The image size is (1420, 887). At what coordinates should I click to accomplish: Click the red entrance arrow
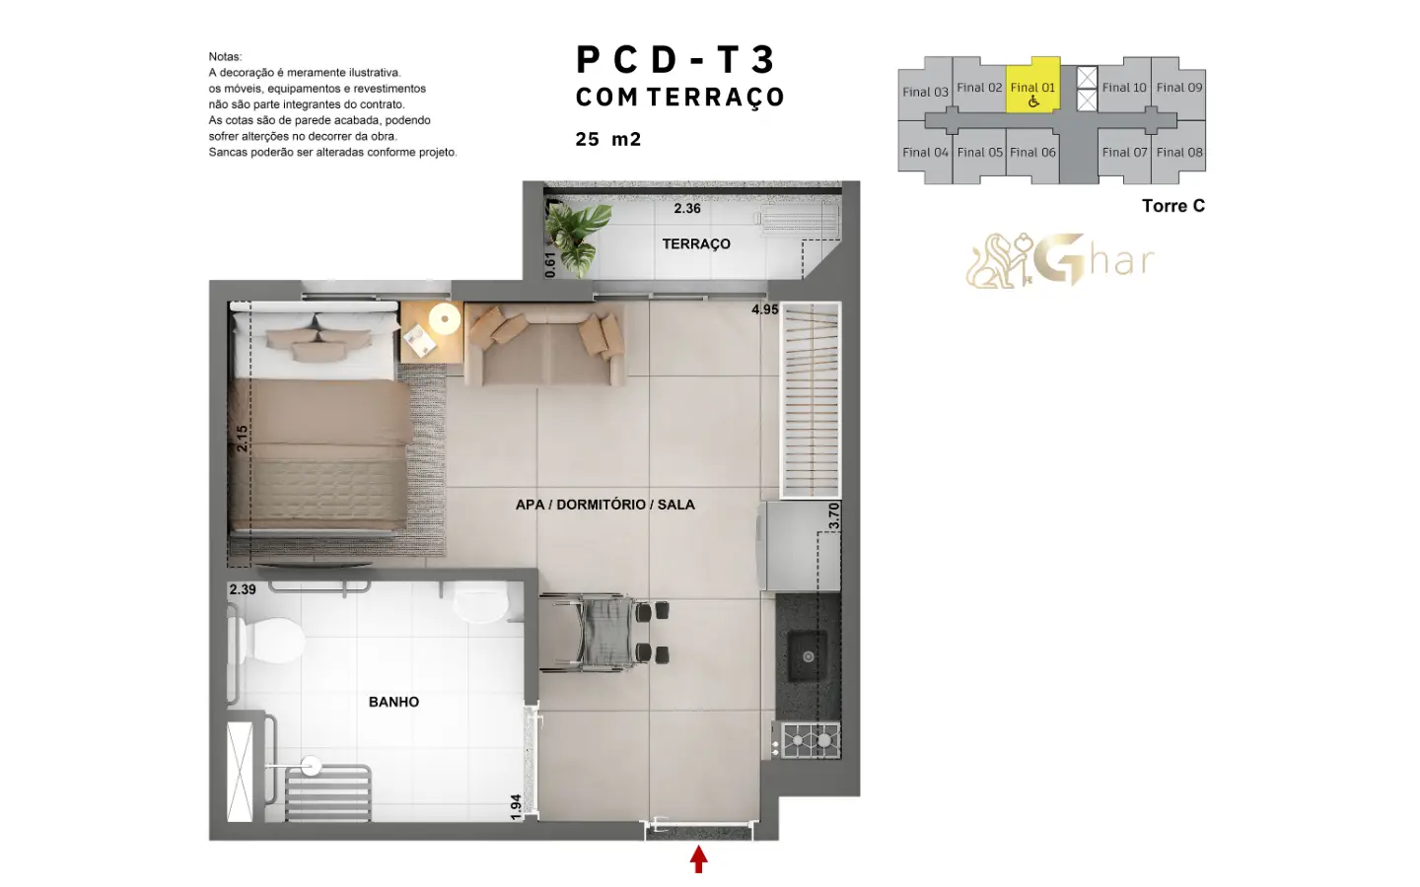(x=698, y=859)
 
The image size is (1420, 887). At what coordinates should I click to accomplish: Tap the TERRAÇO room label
(x=696, y=244)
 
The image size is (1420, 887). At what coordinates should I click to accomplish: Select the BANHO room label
(x=393, y=702)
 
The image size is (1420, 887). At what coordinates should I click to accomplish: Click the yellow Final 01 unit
(x=1032, y=86)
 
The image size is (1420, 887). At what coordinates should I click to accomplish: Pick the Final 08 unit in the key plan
(x=1179, y=152)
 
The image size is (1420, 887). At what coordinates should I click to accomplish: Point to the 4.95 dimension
(x=764, y=309)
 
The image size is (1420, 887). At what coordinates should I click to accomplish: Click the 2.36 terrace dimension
(x=687, y=209)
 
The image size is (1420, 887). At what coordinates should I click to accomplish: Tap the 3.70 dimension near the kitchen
(x=834, y=515)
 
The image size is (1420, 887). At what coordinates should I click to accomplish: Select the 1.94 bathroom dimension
(x=516, y=807)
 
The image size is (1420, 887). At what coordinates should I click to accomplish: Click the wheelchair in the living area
(x=603, y=633)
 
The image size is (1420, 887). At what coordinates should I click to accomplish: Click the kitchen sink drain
(x=809, y=657)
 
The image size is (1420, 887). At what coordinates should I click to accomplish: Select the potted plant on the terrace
(x=576, y=239)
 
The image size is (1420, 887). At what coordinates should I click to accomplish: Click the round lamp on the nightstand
(x=445, y=318)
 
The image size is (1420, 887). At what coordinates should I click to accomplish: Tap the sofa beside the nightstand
(x=545, y=344)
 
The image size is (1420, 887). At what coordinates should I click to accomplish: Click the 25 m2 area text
(x=608, y=139)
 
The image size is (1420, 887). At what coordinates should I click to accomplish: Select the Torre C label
(x=1173, y=206)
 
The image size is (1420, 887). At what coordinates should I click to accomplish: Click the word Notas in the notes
(x=225, y=56)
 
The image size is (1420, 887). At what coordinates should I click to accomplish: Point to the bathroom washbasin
(x=481, y=603)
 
